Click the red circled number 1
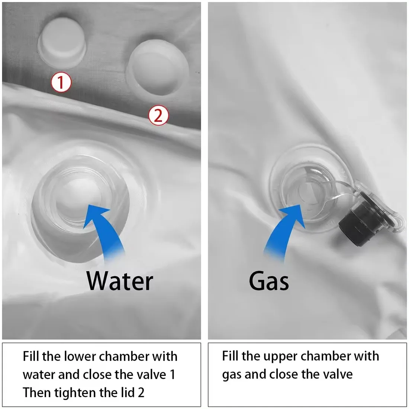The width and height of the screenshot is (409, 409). (61, 83)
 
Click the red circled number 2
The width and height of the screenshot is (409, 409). (158, 115)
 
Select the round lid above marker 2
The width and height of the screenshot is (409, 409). (158, 67)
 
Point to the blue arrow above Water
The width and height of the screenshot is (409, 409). (105, 229)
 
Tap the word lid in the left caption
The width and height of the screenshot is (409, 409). (127, 392)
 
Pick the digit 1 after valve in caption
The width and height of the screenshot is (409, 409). (173, 374)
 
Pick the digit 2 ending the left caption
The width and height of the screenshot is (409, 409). (141, 393)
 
